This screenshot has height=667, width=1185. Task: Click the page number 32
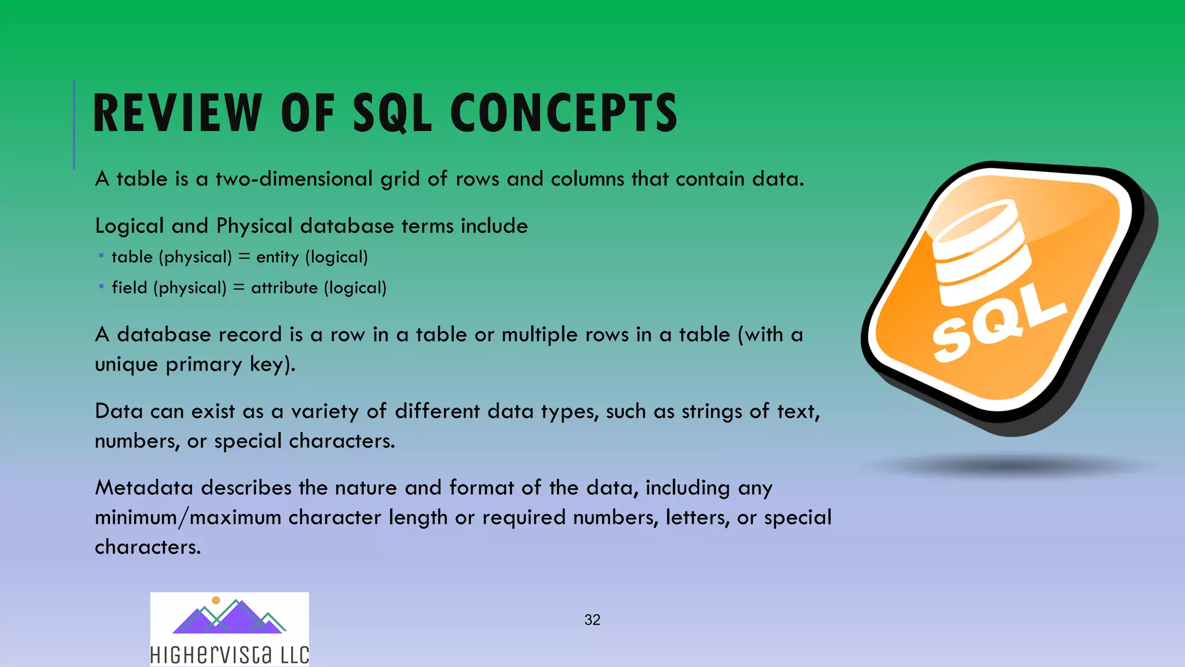tap(592, 620)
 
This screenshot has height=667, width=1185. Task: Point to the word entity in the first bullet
tap(277, 257)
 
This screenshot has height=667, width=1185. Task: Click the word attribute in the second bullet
tap(284, 288)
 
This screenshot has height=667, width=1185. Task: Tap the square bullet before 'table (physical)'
tap(101, 255)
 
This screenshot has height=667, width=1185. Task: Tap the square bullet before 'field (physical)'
tap(101, 286)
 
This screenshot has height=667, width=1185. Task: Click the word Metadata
tap(143, 488)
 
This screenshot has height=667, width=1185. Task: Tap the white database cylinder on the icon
tap(978, 252)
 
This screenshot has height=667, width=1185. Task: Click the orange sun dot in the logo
tap(216, 600)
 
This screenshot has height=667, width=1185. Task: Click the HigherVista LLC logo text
tap(229, 654)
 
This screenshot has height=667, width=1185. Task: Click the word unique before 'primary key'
tap(126, 365)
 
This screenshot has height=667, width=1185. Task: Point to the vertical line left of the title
tap(74, 124)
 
